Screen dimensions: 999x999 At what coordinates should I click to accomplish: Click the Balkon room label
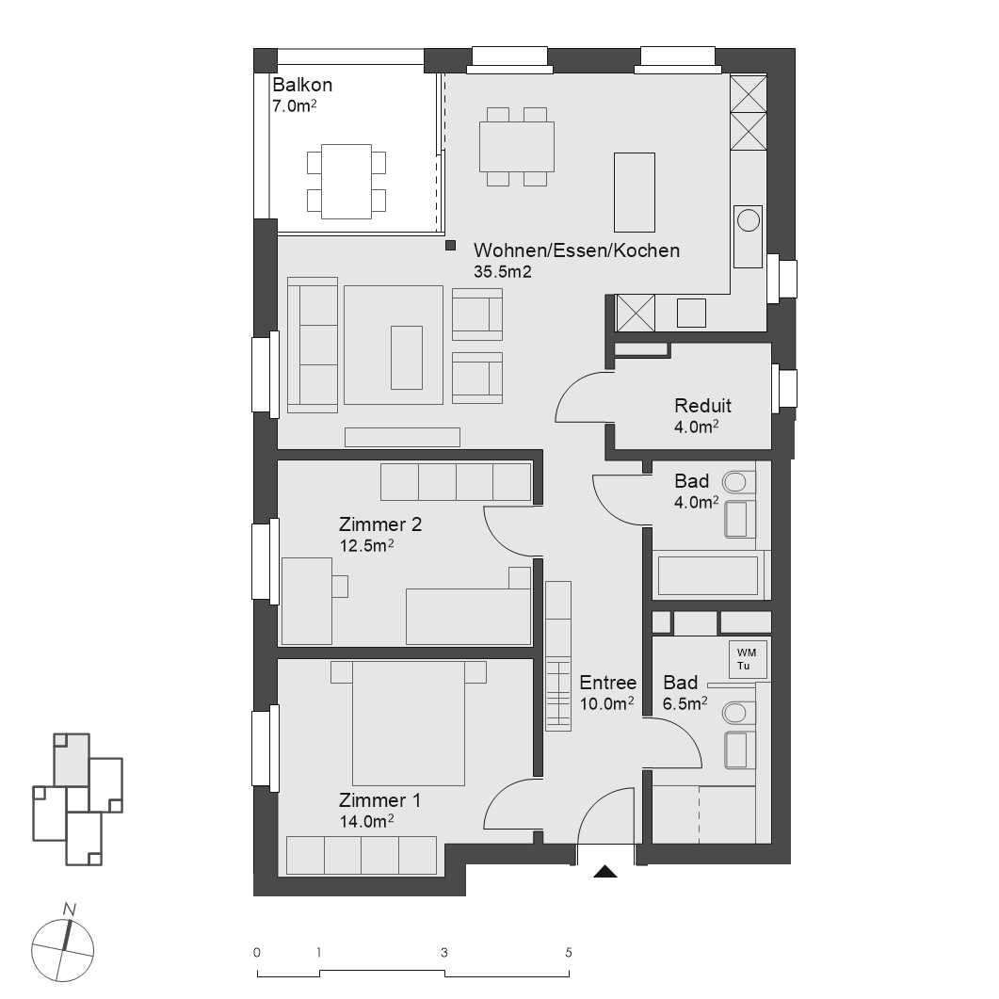(302, 85)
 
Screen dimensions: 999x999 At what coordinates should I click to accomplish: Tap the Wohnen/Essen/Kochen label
(576, 250)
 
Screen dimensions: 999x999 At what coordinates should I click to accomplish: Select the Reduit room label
(702, 406)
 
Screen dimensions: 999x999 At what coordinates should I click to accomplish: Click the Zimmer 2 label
(380, 524)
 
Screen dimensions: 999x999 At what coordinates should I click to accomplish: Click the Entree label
(607, 684)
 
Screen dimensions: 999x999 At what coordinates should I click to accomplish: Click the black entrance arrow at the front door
(604, 872)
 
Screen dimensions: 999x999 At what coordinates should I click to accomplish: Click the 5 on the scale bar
(569, 952)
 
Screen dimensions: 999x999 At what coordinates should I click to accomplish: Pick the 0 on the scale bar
(257, 952)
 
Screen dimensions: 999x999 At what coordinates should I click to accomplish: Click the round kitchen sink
(749, 220)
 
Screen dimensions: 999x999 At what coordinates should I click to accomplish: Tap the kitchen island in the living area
(634, 191)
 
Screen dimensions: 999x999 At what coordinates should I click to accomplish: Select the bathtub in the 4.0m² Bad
(708, 575)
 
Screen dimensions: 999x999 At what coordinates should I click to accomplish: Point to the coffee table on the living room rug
(407, 356)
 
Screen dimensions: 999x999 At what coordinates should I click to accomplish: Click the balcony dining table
(346, 181)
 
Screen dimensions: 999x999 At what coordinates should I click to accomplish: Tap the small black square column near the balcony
(451, 248)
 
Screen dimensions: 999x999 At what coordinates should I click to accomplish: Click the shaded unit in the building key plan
(71, 760)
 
